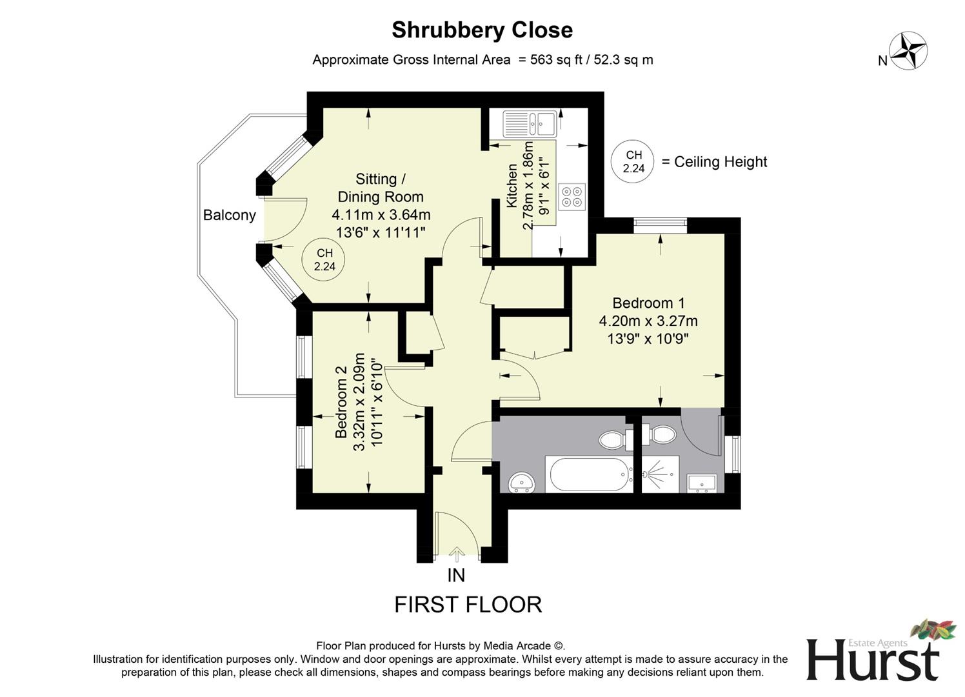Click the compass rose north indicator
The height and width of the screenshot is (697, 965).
(908, 51)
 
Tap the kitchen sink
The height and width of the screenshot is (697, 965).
(530, 123)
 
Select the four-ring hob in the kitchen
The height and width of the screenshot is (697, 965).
(572, 196)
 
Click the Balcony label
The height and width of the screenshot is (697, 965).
(229, 215)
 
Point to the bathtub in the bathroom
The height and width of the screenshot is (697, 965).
(590, 475)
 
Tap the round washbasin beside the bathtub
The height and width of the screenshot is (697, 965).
(521, 481)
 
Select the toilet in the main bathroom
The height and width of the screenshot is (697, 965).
(617, 440)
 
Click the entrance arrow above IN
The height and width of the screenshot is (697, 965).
(457, 554)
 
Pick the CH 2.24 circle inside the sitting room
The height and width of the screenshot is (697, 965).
(324, 260)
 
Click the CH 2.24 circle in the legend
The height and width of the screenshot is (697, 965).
(633, 161)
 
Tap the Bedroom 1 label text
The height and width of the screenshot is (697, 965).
(648, 303)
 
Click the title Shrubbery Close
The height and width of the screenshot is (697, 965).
(482, 30)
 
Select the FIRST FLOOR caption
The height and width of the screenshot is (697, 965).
(468, 605)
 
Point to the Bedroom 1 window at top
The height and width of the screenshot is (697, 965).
(660, 225)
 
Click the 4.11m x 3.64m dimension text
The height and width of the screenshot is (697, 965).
(381, 215)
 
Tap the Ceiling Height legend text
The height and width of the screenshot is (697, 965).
(720, 162)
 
